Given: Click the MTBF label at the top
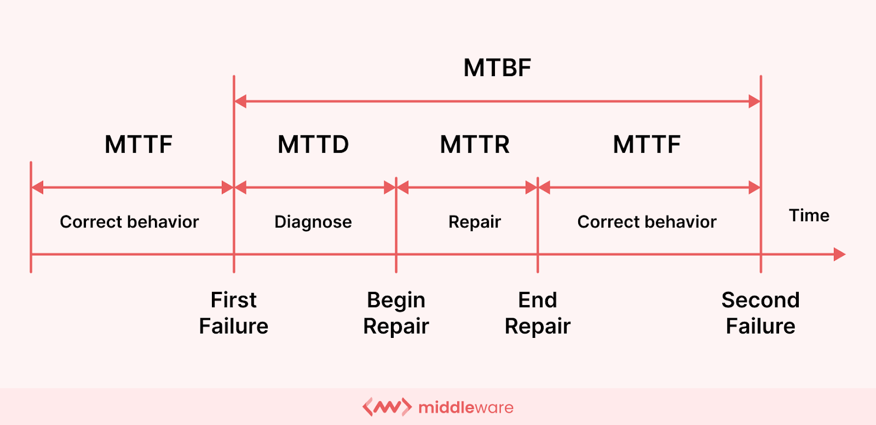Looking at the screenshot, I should click(497, 68).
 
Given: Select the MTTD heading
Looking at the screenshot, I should click(313, 145).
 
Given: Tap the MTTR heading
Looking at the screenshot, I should click(475, 145).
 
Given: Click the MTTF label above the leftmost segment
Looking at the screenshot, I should click(139, 145).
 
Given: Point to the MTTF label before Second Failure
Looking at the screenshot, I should click(647, 145).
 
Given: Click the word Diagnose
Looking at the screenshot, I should click(313, 222).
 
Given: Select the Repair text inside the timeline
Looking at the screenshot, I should click(475, 222).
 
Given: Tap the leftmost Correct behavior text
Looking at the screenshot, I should click(129, 222).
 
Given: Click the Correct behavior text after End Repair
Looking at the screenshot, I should click(647, 222).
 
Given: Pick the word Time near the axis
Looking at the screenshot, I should click(809, 215).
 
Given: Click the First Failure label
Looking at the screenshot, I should click(234, 313).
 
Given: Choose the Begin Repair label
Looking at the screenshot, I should click(396, 313).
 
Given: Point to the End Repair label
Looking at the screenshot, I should click(538, 313).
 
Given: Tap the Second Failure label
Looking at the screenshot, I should click(760, 313).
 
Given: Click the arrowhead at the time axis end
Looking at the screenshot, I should click(839, 254).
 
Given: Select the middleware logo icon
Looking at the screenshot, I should click(387, 407).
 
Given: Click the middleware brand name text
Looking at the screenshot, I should click(466, 407).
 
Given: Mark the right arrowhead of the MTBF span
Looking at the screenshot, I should click(754, 101).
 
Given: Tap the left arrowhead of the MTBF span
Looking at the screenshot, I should click(240, 101).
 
